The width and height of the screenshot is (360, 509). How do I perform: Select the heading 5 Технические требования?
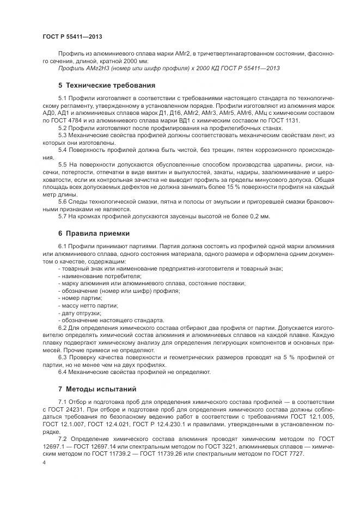coord(107,85)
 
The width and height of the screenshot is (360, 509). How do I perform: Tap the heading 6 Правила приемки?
coord(94,233)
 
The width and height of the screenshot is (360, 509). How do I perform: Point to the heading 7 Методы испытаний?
coord(97,389)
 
